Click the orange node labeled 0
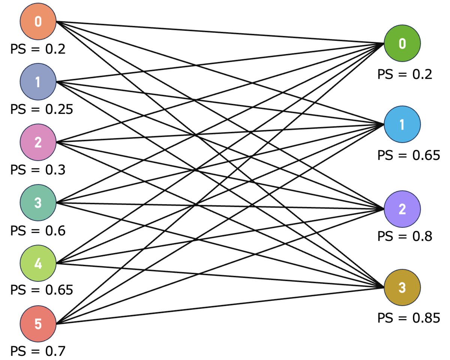pyautogui.click(x=38, y=21)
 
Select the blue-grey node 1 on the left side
pyautogui.click(x=38, y=82)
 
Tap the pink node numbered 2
pyautogui.click(x=38, y=143)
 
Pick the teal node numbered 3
pyautogui.click(x=38, y=203)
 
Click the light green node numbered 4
pyautogui.click(x=38, y=263)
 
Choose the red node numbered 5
pyautogui.click(x=38, y=324)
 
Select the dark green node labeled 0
pyautogui.click(x=402, y=44)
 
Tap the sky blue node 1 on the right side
pyautogui.click(x=402, y=125)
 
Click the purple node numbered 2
pyautogui.click(x=402, y=209)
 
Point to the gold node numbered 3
pyautogui.click(x=402, y=288)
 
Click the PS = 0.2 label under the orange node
pyautogui.click(x=38, y=49)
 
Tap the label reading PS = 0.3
pyautogui.click(x=38, y=170)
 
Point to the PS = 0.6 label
pyautogui.click(x=38, y=230)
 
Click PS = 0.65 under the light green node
pyautogui.click(x=42, y=290)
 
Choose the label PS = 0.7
pyautogui.click(x=38, y=351)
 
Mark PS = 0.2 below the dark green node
pyautogui.click(x=405, y=74)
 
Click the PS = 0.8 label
pyautogui.click(x=405, y=236)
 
